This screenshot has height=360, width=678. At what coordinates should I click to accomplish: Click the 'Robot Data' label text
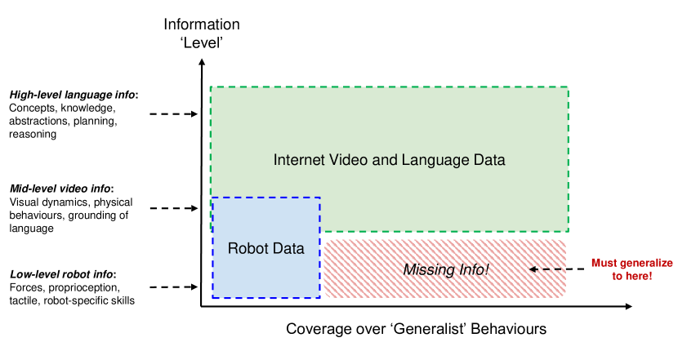click(x=265, y=249)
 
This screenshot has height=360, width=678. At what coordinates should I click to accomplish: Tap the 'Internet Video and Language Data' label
click(x=389, y=160)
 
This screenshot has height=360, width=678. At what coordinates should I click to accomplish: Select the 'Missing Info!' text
click(x=446, y=268)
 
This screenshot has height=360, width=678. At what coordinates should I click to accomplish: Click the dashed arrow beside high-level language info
click(x=174, y=114)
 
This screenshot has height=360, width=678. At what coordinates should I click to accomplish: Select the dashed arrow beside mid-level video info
click(x=174, y=208)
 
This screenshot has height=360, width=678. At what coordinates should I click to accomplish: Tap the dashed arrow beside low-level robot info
click(x=174, y=287)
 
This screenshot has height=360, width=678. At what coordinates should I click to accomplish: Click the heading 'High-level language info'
click(x=73, y=95)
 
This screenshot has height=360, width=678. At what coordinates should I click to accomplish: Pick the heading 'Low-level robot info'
click(x=62, y=273)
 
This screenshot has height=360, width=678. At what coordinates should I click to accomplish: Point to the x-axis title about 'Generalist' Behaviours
click(x=416, y=329)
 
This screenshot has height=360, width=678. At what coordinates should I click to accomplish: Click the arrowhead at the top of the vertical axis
click(x=201, y=66)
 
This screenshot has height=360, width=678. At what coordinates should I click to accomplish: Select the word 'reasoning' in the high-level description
click(x=33, y=135)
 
